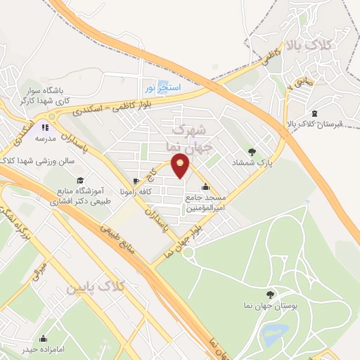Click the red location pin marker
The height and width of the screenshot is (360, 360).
click(181, 167)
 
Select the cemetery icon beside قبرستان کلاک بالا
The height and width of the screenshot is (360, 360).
click(314, 114)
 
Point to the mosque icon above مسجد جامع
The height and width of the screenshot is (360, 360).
click(205, 187)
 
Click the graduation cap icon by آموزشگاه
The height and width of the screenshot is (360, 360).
click(79, 181)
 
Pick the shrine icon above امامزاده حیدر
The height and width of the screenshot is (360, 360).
click(44, 339)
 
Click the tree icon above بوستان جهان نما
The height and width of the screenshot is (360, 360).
click(270, 295)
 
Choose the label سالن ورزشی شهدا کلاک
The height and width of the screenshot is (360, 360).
click(35, 161)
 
